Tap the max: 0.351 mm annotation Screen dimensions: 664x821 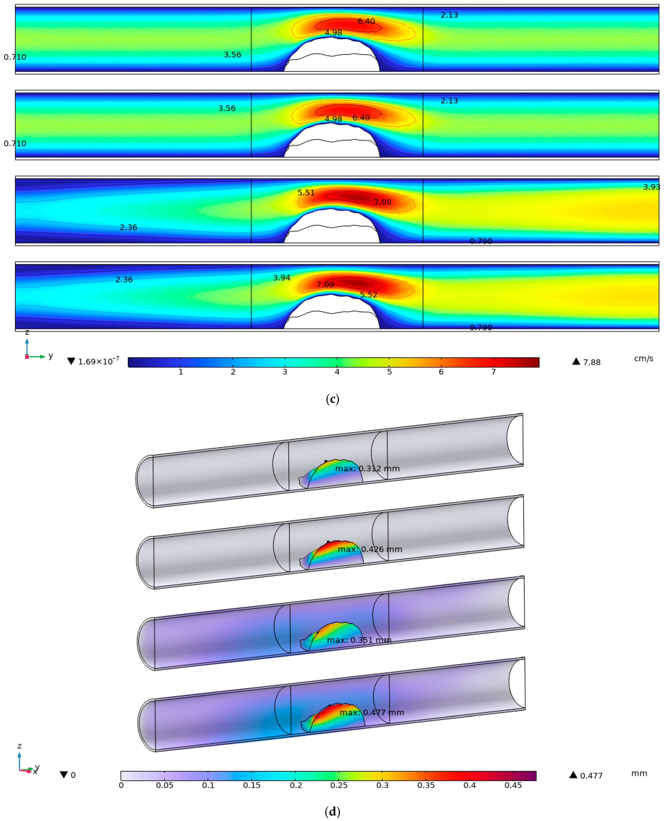click(359, 640)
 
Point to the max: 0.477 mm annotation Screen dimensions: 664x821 click(372, 712)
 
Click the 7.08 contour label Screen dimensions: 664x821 click(382, 202)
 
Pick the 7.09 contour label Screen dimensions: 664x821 click(325, 285)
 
